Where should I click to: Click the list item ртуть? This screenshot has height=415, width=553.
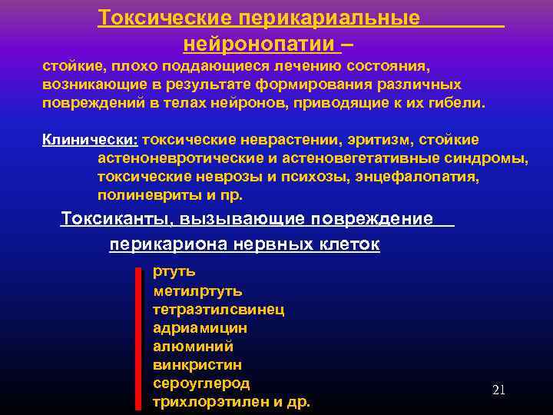[174, 271]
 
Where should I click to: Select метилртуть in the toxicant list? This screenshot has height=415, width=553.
[197, 290]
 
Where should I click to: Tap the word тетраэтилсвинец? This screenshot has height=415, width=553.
[218, 309]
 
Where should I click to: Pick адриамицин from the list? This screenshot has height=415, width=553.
[200, 328]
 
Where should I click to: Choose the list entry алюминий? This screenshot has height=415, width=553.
[193, 347]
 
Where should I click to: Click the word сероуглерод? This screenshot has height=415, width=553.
[201, 383]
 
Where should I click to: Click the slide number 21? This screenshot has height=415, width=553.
[498, 390]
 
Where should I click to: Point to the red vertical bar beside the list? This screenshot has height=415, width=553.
[138, 338]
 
